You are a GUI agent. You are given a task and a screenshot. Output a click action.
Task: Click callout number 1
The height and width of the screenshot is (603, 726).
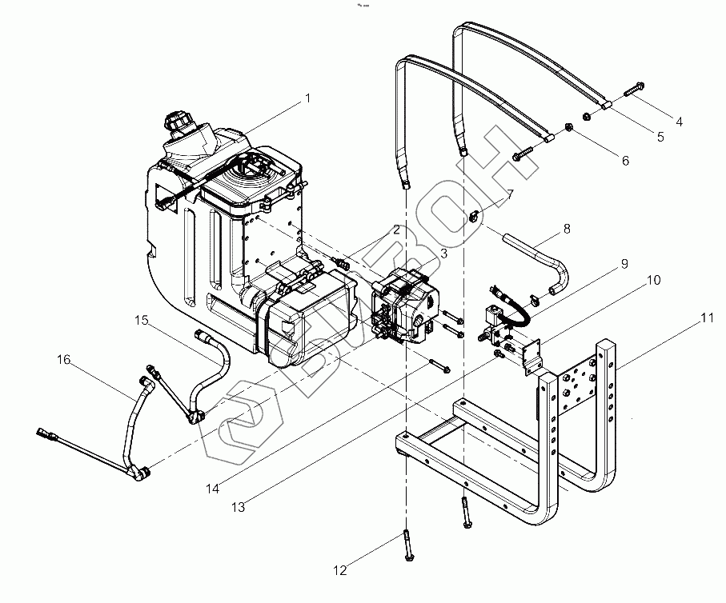(307, 98)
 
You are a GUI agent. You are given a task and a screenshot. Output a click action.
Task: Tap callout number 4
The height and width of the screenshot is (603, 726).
(680, 122)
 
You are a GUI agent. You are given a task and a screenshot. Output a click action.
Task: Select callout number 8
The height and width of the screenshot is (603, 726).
(568, 229)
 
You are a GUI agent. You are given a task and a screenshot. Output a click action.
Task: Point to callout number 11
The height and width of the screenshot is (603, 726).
(707, 318)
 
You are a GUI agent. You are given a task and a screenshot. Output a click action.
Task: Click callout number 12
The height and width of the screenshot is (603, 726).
(340, 570)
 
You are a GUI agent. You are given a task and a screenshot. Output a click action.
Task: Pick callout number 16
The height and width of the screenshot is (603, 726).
(64, 360)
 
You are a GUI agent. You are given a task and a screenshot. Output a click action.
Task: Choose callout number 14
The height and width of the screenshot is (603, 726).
(213, 489)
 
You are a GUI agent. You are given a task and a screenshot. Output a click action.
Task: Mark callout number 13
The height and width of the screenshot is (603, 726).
(238, 507)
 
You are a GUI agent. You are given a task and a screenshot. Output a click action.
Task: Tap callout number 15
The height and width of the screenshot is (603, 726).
(142, 320)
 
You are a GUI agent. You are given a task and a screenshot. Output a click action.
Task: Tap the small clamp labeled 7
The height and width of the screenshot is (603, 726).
(472, 216)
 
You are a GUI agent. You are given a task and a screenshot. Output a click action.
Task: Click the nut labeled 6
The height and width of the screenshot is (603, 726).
(568, 127)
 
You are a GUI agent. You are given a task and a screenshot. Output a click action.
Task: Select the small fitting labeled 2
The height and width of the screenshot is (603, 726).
(343, 263)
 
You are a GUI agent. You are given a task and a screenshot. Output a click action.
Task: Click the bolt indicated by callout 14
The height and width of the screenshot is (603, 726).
(440, 365)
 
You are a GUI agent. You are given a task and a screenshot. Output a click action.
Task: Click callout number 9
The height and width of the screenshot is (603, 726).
(624, 264)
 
